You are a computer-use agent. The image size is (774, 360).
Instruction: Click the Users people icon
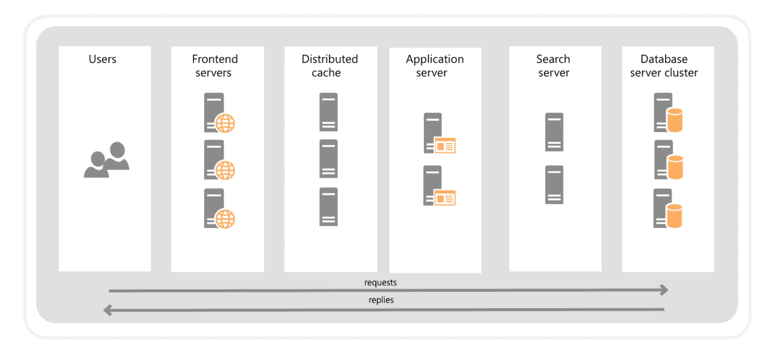tap(106, 160)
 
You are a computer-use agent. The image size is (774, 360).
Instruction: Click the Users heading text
tap(102, 59)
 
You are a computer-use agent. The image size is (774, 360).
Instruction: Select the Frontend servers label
tap(215, 66)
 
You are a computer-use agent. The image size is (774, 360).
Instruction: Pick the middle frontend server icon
tap(218, 160)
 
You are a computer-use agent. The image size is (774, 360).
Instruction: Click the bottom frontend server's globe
tap(225, 218)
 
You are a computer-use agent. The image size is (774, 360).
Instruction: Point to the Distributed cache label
tap(330, 66)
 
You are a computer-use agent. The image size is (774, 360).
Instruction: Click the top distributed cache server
tap(329, 112)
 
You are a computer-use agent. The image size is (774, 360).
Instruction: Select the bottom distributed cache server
tap(329, 207)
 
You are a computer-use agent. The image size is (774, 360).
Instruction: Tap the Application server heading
tap(434, 66)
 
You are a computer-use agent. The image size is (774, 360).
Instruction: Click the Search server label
tap(553, 66)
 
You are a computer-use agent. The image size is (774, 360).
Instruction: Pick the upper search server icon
tap(554, 132)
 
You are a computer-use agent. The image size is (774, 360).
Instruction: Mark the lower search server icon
tap(554, 185)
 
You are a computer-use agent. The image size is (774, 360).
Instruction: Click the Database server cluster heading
tap(664, 66)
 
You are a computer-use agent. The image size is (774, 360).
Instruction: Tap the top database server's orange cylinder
tap(674, 121)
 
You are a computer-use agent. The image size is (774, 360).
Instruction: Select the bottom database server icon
tap(667, 208)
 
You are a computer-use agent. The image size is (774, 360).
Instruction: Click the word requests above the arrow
tap(380, 282)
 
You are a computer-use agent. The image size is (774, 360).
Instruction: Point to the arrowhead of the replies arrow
tap(107, 310)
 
